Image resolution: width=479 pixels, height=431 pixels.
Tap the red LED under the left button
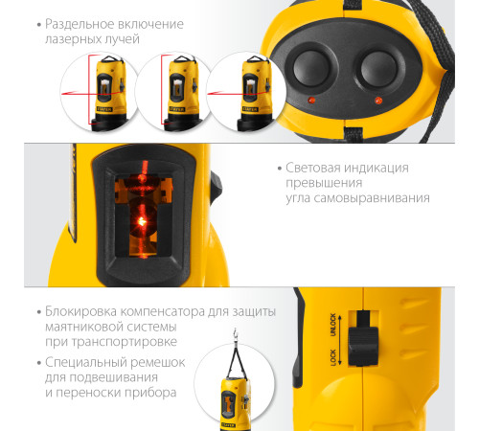click(309, 100)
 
